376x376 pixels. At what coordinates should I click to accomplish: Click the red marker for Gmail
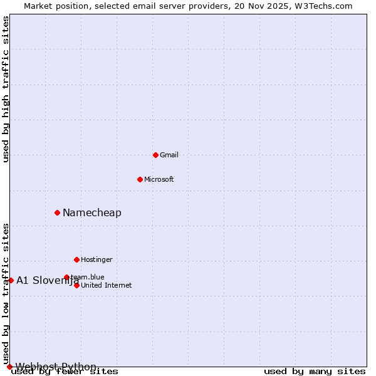pyautogui.click(x=155, y=155)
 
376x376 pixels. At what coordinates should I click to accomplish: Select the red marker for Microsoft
pyautogui.click(x=140, y=179)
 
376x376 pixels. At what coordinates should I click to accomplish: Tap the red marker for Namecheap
pyautogui.click(x=57, y=212)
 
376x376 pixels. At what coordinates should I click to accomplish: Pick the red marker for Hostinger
pyautogui.click(x=76, y=259)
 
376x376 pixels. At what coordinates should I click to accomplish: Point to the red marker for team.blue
pyautogui.click(x=66, y=277)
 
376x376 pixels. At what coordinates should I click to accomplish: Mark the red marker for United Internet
pyautogui.click(x=76, y=285)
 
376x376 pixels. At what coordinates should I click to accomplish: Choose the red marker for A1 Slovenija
pyautogui.click(x=11, y=280)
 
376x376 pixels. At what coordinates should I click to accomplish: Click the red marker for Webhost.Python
pyautogui.click(x=9, y=367)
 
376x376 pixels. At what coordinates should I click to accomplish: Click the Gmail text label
pyautogui.click(x=169, y=155)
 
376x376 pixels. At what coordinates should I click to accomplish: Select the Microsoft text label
pyautogui.click(x=159, y=179)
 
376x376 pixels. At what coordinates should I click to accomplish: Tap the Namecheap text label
pyautogui.click(x=92, y=212)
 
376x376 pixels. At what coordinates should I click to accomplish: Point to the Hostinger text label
pyautogui.click(x=97, y=259)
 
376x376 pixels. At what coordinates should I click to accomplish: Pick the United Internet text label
pyautogui.click(x=107, y=285)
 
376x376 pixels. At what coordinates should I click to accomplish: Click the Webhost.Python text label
pyautogui.click(x=56, y=367)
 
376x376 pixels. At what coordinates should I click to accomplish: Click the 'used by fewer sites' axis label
pyautogui.click(x=65, y=372)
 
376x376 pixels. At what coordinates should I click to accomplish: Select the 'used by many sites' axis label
pyautogui.click(x=315, y=372)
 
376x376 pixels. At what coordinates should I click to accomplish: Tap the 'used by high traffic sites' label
pyautogui.click(x=6, y=89)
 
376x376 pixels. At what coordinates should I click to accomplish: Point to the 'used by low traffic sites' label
pyautogui.click(x=6, y=293)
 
